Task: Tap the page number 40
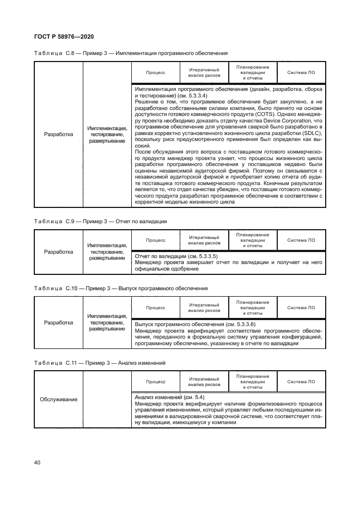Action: pos(38,462)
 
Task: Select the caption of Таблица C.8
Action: pos(131,53)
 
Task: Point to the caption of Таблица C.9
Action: pos(100,222)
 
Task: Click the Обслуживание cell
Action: pos(58,399)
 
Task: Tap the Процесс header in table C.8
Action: pos(155,72)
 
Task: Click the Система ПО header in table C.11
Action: pos(301,382)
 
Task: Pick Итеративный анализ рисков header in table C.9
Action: pos(204,240)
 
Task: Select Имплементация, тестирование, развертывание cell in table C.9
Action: pos(107,252)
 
